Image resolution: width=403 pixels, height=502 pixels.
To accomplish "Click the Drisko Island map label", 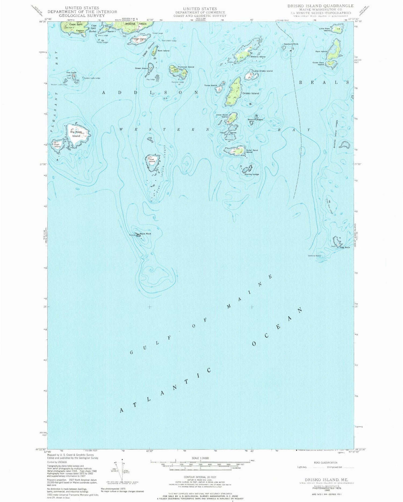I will pos(251,93).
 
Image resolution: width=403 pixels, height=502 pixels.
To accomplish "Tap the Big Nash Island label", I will pos(76,134).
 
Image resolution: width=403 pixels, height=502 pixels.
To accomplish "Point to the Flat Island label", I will pos(152,160).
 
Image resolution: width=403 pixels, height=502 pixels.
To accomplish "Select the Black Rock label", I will pos(145,234).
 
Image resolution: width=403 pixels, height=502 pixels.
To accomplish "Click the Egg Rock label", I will pos(345,247).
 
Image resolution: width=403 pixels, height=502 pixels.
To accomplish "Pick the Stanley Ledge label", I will pos(252,174).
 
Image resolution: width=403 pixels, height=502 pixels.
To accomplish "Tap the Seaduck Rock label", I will pos(291,44).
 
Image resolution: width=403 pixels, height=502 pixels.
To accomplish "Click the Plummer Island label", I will pos(185,67).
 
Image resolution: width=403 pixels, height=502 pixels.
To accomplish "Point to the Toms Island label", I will pos(210,85).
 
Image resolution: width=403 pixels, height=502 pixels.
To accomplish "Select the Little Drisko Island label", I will pos(263,71).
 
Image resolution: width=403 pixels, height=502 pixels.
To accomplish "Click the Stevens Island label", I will pos(258,57).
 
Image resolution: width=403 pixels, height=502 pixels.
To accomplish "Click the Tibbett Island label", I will pos(139,39).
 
